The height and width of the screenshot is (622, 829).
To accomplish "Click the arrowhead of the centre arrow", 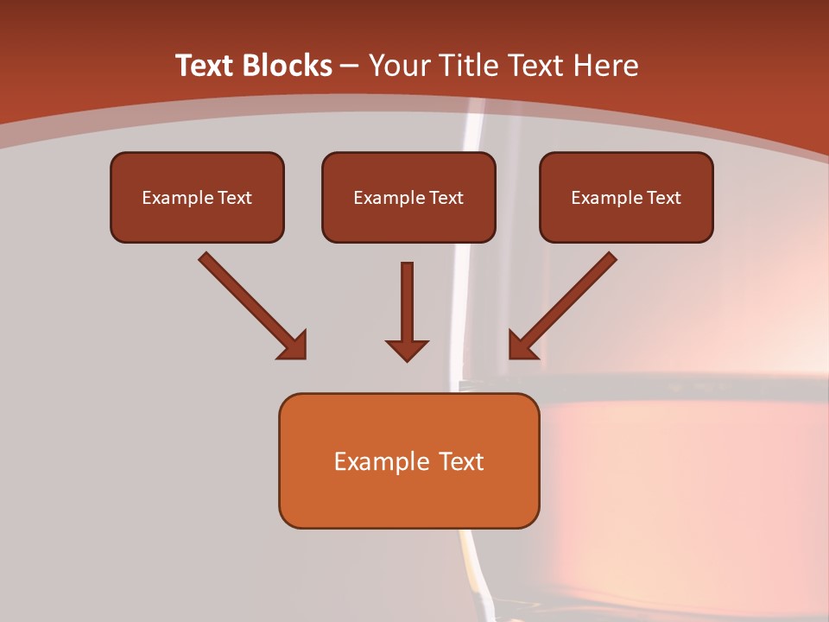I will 408,350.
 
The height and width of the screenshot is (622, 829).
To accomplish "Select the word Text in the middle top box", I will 446,198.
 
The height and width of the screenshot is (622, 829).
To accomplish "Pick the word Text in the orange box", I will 462,461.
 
